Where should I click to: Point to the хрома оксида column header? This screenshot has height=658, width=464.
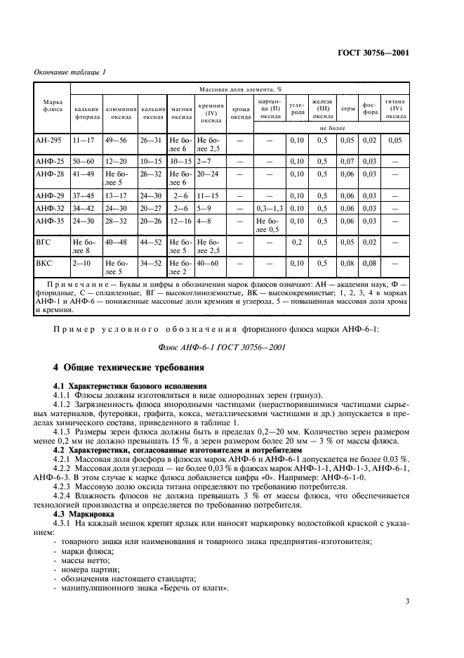[240, 113]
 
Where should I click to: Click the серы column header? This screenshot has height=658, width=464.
[347, 109]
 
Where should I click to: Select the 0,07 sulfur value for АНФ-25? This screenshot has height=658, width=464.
[347, 161]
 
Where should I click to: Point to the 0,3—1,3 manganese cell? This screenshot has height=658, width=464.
[270, 208]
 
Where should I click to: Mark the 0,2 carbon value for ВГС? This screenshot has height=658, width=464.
[297, 242]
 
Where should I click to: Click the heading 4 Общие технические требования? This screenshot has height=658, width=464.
[129, 367]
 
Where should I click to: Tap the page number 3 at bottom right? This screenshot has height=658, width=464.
[406, 602]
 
